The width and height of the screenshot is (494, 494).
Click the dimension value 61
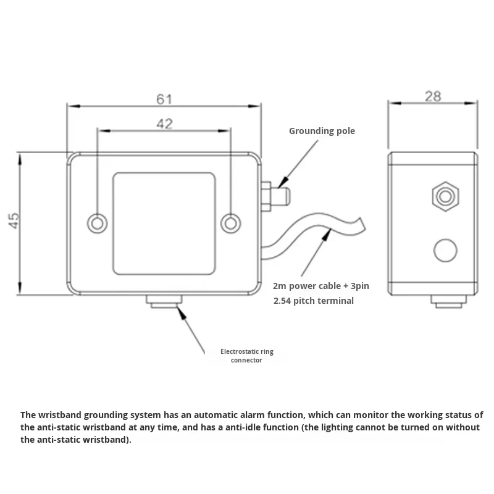[x=164, y=99]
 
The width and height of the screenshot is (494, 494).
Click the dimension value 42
[x=164, y=124]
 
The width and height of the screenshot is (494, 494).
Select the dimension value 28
[x=433, y=96]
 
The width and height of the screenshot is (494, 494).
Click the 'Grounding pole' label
[x=322, y=131]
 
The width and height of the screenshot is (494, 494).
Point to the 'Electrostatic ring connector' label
[x=246, y=356]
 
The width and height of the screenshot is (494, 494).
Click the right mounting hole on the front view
[x=230, y=223]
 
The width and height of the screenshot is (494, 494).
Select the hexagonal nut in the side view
[x=444, y=197]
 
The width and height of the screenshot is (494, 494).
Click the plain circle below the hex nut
[x=445, y=250]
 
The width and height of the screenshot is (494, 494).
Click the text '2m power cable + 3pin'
[x=320, y=287]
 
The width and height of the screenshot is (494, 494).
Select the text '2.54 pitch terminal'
[x=313, y=301]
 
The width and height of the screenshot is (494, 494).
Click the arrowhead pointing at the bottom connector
[x=181, y=311]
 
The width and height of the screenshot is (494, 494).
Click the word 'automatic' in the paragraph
[x=210, y=415]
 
